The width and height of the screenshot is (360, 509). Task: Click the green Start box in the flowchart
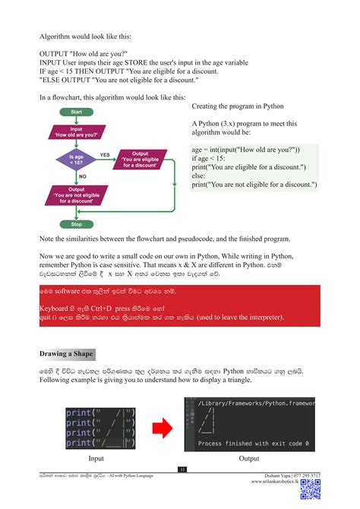coord(77,112)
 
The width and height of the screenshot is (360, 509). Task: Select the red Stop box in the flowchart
coord(77,225)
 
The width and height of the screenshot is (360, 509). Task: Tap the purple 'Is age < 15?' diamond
coord(77,160)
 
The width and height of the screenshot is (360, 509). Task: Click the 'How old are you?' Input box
coord(77,132)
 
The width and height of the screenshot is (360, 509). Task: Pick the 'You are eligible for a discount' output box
coord(141,160)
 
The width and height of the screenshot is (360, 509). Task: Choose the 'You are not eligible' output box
coord(77,196)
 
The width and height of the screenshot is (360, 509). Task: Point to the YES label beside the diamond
coord(105,154)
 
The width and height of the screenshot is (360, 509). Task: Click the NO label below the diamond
coord(83,176)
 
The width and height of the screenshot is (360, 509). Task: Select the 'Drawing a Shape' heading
coord(67,354)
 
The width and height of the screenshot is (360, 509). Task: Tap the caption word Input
coord(96,459)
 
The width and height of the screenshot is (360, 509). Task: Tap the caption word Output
coord(248,459)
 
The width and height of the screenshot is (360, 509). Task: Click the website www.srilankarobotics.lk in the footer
coord(270,482)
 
